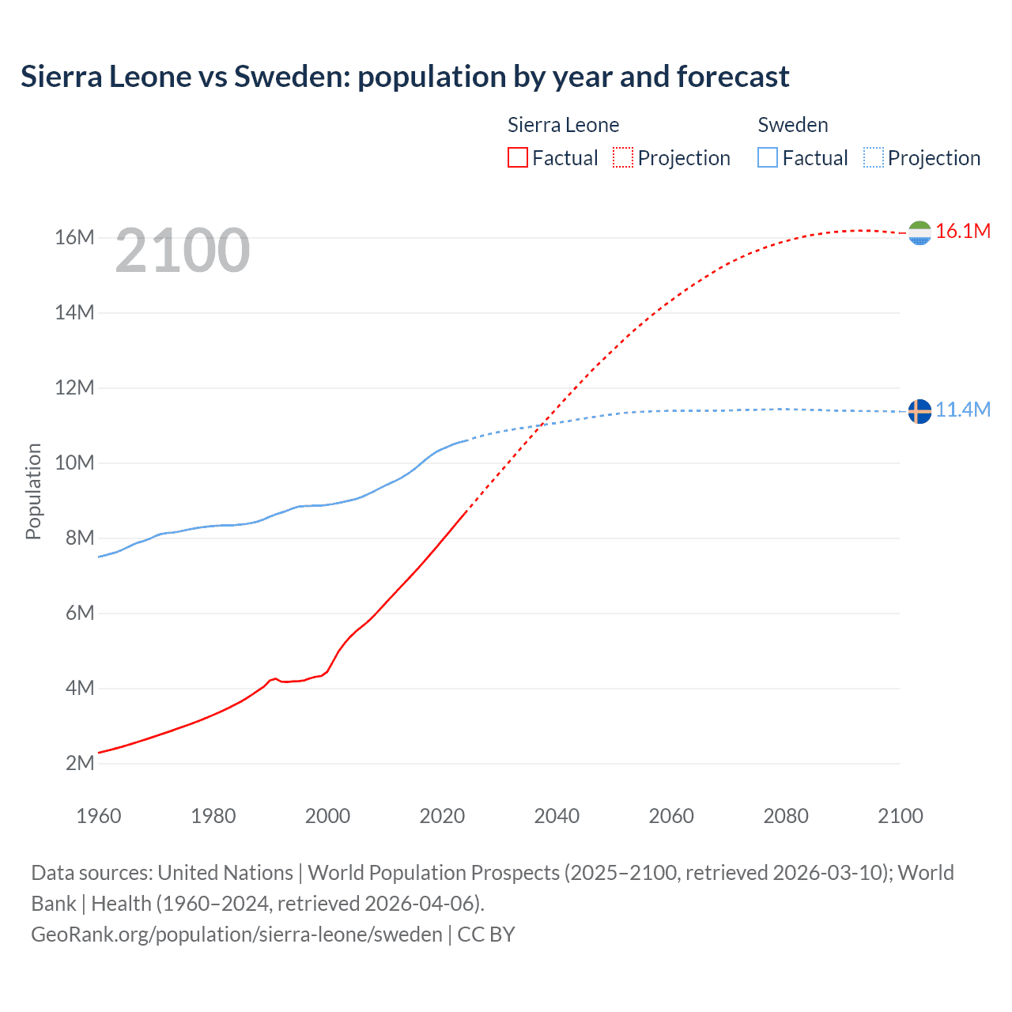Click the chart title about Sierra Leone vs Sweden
405,77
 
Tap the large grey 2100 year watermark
183,251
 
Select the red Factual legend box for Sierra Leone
518,157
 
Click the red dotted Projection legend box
623,157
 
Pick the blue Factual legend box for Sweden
768,157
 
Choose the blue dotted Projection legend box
874,157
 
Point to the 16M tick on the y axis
74,237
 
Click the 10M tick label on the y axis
74,463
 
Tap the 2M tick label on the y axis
79,763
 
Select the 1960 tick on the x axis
99,816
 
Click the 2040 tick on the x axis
557,816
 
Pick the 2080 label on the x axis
786,816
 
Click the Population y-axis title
33,491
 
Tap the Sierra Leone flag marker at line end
919,232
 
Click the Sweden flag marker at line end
919,411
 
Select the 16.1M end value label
963,231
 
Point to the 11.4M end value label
963,410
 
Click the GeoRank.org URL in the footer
236,934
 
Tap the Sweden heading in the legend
793,125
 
